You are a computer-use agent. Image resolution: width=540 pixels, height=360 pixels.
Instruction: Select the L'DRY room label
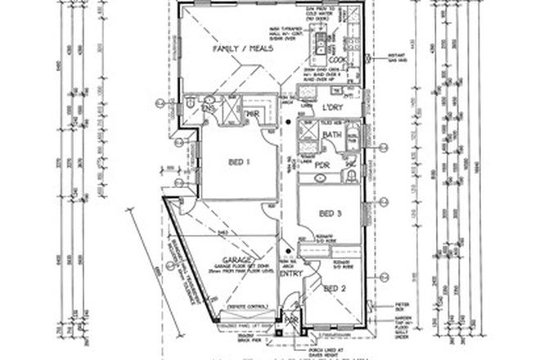[x=332, y=108]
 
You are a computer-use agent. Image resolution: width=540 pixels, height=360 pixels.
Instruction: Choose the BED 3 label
[x=330, y=214]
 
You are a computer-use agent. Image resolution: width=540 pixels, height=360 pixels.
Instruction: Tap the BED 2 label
[x=335, y=288]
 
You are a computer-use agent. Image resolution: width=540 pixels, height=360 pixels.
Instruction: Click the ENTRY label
[x=290, y=274]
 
